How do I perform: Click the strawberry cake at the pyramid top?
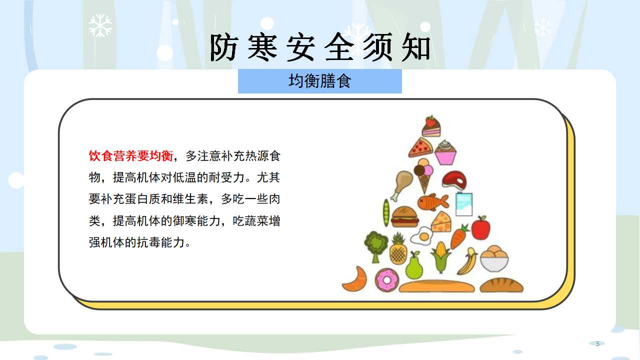tap(431, 126)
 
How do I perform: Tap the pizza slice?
tap(420, 147)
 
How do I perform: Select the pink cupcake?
tap(445, 152)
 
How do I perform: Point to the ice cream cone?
tap(423, 175)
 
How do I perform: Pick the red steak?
tap(454, 180)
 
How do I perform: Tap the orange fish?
tap(433, 202)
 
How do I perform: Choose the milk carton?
tap(463, 203)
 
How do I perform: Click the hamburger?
tap(404, 217)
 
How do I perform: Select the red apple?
tap(480, 227)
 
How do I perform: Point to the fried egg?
tap(421, 236)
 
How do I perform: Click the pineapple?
tap(398, 248)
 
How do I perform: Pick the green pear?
tap(414, 265)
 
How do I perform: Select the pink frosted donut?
tap(387, 280)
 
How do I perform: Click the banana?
tap(467, 261)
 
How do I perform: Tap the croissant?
tap(354, 279)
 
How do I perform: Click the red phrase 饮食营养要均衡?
tap(131, 156)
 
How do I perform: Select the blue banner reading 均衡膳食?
tap(319, 81)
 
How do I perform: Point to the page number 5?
tap(597, 343)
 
